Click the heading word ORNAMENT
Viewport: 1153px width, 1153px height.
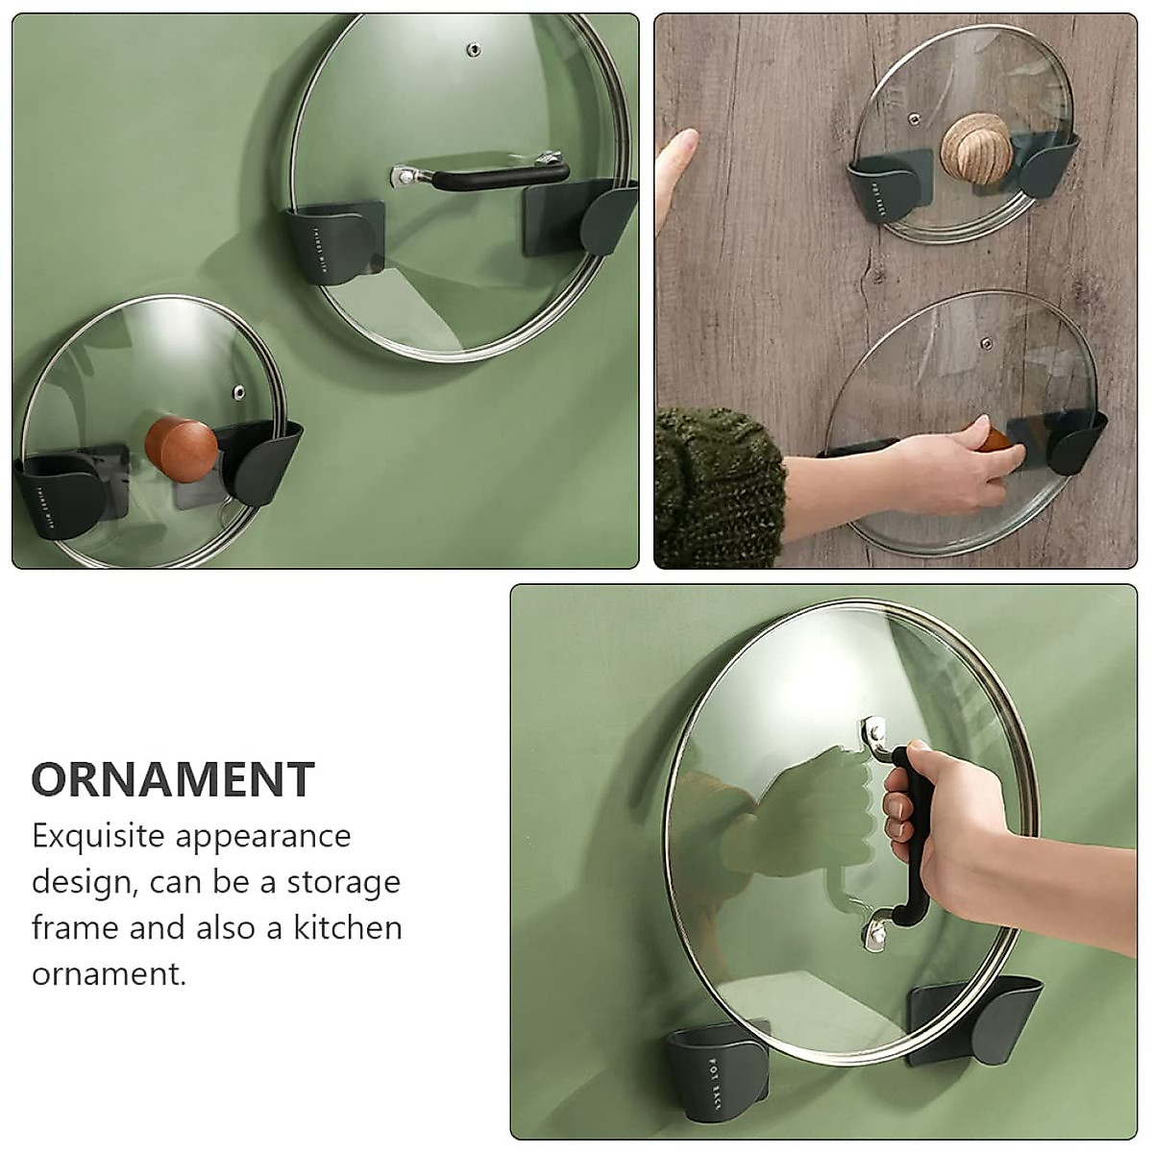(173, 779)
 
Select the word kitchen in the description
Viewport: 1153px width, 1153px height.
(355, 928)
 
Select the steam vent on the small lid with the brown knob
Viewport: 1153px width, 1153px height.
(237, 392)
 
